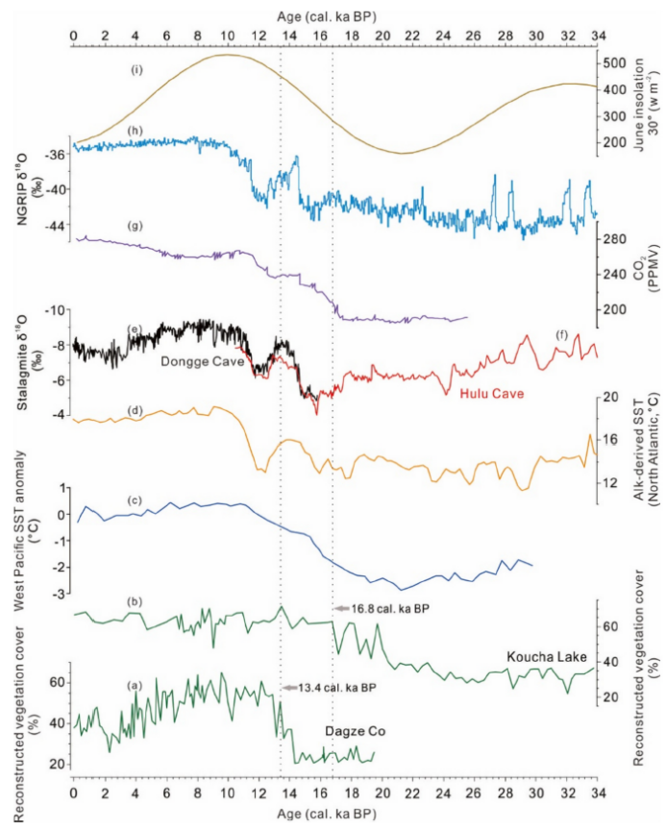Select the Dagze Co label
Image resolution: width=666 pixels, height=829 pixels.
pos(356,733)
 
